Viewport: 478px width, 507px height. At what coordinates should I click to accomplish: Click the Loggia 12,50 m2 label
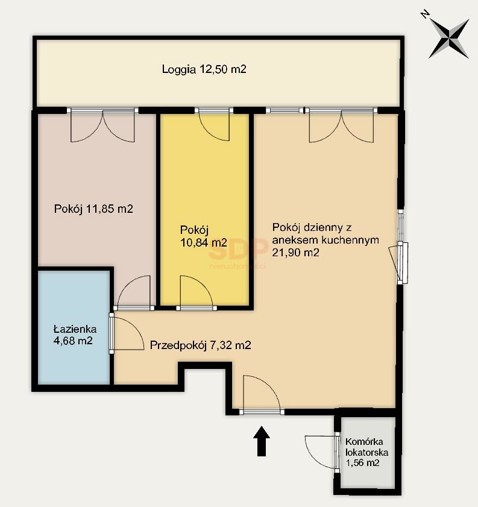pyautogui.click(x=204, y=69)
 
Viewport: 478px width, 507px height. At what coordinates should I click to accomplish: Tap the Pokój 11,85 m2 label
pyautogui.click(x=93, y=209)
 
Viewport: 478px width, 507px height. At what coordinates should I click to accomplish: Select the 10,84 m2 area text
pyautogui.click(x=204, y=242)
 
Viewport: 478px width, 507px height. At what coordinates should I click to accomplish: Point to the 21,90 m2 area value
pyautogui.click(x=295, y=252)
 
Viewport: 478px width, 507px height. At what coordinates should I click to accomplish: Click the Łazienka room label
pyautogui.click(x=75, y=329)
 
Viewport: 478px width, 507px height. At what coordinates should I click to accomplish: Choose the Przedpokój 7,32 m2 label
pyautogui.click(x=200, y=345)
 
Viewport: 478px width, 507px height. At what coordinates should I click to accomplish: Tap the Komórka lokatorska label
pyautogui.click(x=366, y=447)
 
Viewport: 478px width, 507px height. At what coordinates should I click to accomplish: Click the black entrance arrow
pyautogui.click(x=262, y=441)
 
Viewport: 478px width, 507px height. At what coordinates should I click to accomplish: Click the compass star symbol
pyautogui.click(x=449, y=38)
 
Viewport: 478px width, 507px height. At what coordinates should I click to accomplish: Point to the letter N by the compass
pyautogui.click(x=425, y=14)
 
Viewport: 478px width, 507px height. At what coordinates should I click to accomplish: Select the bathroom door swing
pyautogui.click(x=128, y=333)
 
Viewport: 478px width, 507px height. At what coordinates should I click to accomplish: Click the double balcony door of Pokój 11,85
pyautogui.click(x=103, y=127)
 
